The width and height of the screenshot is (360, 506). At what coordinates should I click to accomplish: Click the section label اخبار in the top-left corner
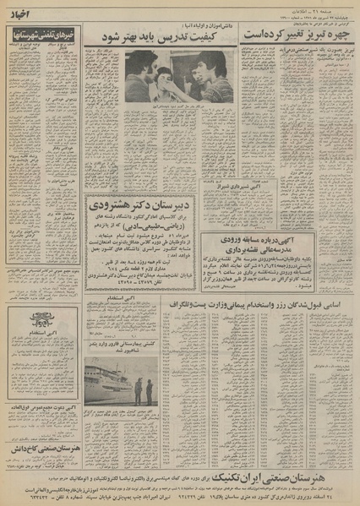point(22,14)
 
